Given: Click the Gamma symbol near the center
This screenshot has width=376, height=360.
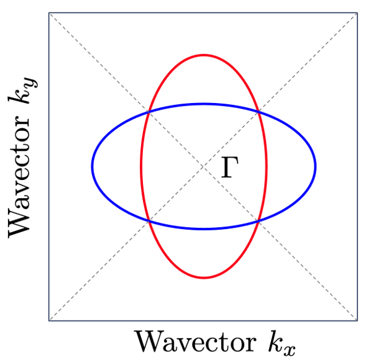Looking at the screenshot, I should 230,168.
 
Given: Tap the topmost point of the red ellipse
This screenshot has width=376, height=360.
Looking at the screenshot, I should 204,55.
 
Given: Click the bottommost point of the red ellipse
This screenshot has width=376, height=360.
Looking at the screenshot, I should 204,277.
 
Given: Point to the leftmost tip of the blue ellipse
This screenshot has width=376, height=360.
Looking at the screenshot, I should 93,166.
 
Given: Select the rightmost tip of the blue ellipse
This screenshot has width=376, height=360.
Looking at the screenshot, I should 315,166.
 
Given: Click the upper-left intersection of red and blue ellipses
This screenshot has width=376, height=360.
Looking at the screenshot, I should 149,112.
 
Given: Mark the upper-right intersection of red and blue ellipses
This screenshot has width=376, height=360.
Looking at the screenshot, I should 259,112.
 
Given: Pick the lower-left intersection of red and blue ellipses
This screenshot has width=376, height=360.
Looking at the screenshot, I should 149,221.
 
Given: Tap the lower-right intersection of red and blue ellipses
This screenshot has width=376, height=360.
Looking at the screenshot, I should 259,221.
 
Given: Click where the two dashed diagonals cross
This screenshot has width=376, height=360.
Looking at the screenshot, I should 204,166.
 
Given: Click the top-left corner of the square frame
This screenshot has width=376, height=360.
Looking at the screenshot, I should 49,12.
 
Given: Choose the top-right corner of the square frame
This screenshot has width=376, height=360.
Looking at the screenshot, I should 357,12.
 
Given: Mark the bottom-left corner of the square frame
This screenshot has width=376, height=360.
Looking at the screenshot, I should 49,320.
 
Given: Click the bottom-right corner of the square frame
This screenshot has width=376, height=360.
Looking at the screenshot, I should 357,320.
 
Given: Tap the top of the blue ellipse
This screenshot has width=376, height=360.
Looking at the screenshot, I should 204,104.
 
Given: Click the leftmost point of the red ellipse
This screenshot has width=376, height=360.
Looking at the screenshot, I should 142,166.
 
